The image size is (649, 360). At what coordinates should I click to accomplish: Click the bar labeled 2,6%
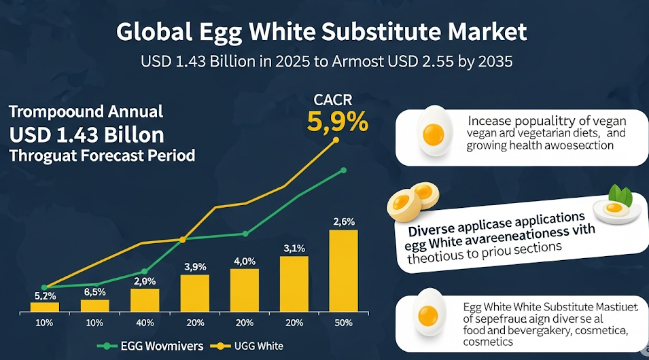(343, 270)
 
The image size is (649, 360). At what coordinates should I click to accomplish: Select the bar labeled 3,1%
(294, 283)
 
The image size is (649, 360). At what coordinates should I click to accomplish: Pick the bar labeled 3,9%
(194, 293)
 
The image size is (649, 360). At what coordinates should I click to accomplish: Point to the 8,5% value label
(95, 292)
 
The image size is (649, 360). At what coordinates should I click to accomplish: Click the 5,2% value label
(45, 295)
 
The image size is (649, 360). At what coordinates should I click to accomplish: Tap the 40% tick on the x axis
(145, 322)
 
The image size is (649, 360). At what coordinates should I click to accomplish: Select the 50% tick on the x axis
(343, 322)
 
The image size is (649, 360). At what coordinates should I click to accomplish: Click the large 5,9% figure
(338, 122)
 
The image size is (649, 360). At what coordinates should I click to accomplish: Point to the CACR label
(333, 101)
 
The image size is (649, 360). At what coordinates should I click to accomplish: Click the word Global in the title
(151, 33)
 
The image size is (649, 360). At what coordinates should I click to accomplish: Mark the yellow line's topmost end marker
(336, 140)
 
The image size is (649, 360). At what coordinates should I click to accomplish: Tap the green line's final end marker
(344, 170)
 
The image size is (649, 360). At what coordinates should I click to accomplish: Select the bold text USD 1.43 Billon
(86, 132)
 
